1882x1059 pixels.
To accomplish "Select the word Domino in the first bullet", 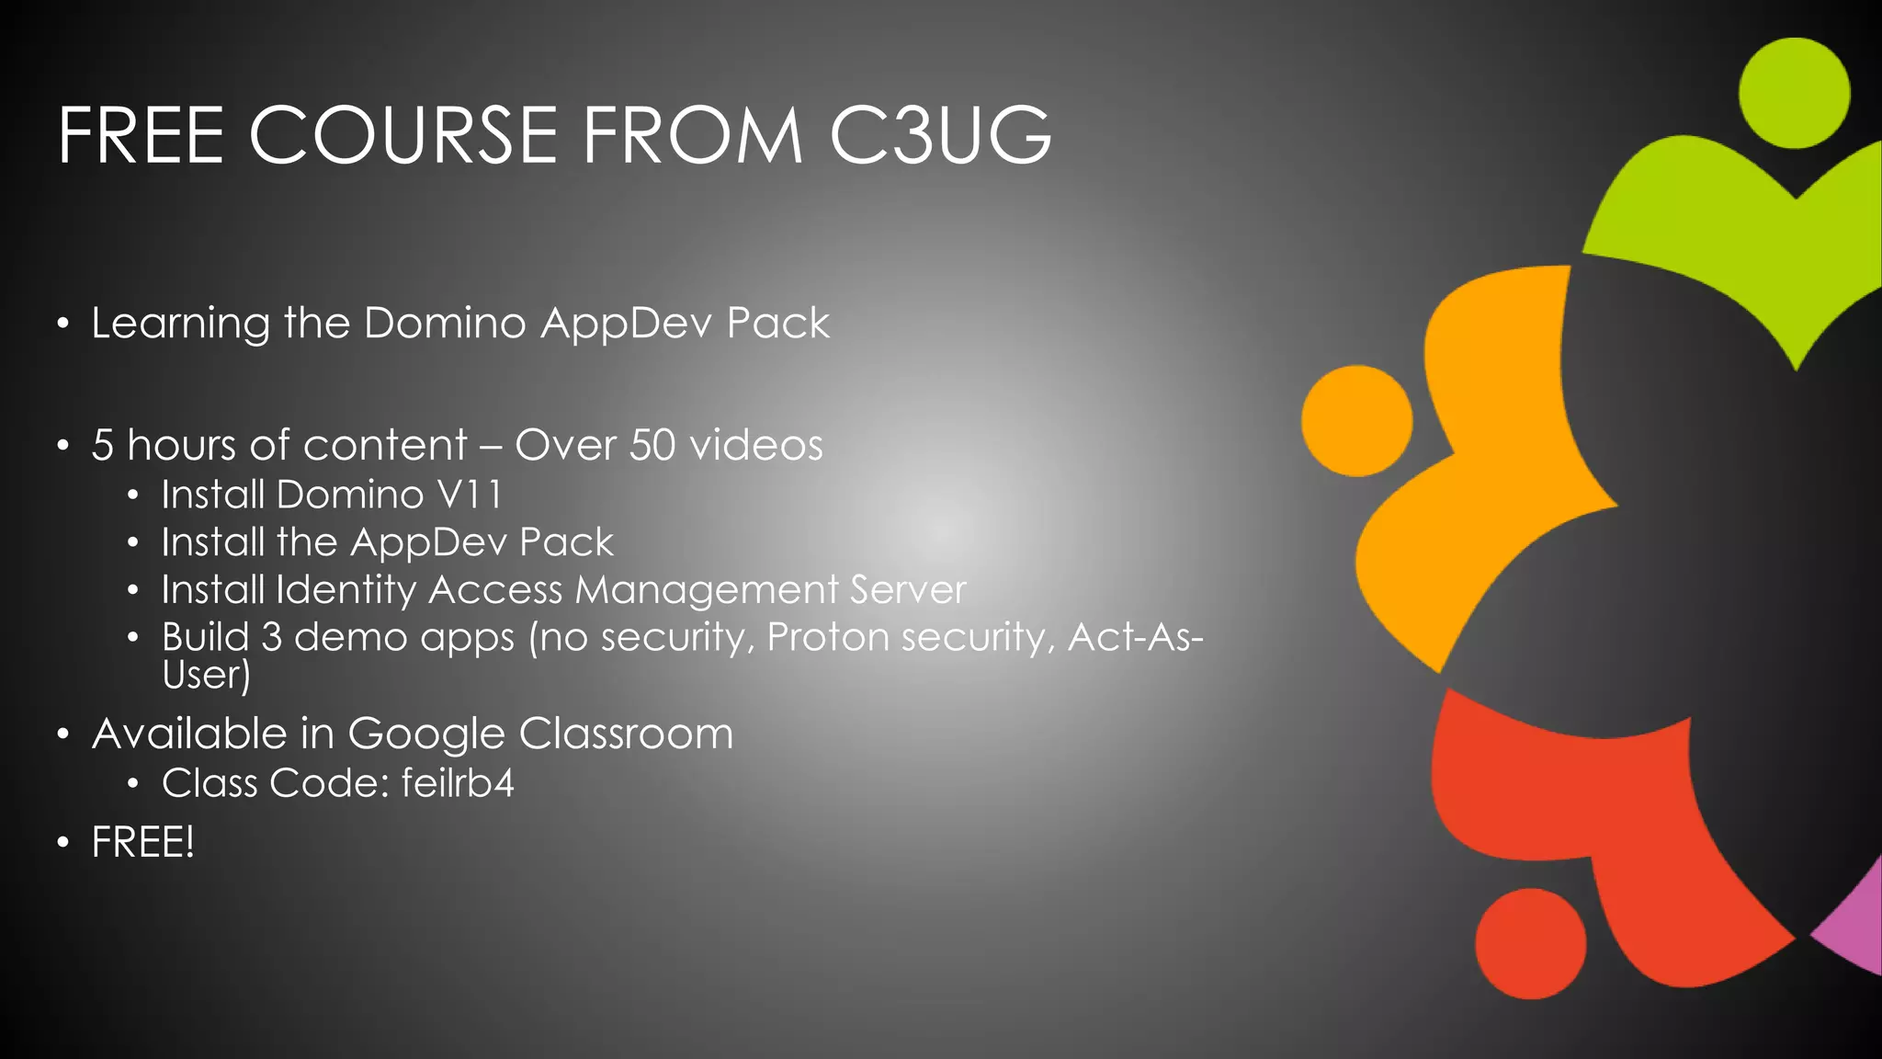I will (x=446, y=323).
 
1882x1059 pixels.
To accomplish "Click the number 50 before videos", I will (x=652, y=445).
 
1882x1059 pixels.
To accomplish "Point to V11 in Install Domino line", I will (x=470, y=495).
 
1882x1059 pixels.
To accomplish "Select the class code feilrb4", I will (x=458, y=783).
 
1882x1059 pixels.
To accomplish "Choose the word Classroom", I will (x=626, y=734).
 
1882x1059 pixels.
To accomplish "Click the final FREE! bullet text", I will (x=142, y=842).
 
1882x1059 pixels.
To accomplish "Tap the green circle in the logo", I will (x=1794, y=93).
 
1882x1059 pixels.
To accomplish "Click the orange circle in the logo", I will (x=1356, y=421).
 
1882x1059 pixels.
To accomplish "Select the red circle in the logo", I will (x=1530, y=943).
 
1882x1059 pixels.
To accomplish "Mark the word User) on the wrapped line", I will (x=206, y=676).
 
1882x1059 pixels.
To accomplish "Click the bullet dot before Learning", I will (x=62, y=324).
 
